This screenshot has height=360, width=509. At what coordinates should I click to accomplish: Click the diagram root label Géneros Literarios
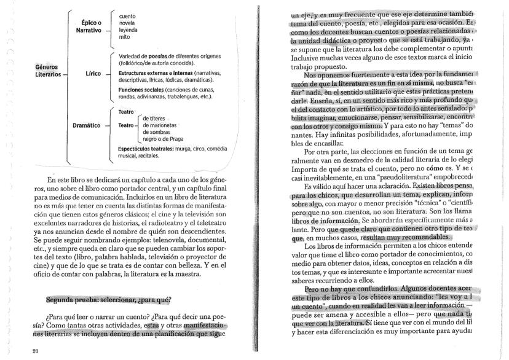[49, 71]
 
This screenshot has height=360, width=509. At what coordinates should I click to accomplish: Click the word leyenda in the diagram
[129, 29]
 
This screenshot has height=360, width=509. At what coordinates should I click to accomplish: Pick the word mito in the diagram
[124, 36]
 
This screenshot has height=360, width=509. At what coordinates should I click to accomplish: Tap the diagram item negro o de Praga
[165, 139]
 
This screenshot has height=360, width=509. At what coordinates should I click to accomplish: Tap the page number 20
[17, 351]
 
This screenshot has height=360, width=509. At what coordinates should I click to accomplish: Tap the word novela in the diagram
[127, 22]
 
